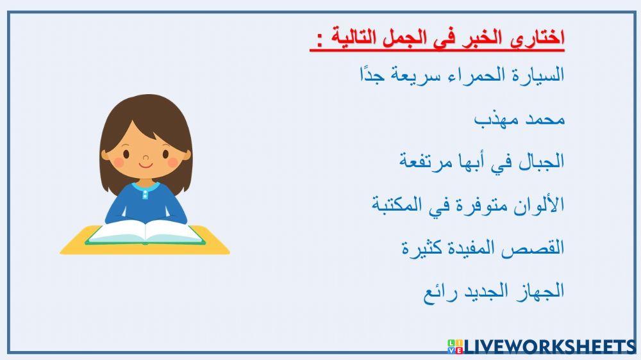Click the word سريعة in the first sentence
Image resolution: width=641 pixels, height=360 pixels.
coord(415,74)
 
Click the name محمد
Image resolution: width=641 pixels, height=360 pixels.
coord(545,119)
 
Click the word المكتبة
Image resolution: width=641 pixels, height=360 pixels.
coord(398,204)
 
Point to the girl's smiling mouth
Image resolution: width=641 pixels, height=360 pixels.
coord(146,165)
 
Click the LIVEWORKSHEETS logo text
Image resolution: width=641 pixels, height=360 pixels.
coord(549,347)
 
